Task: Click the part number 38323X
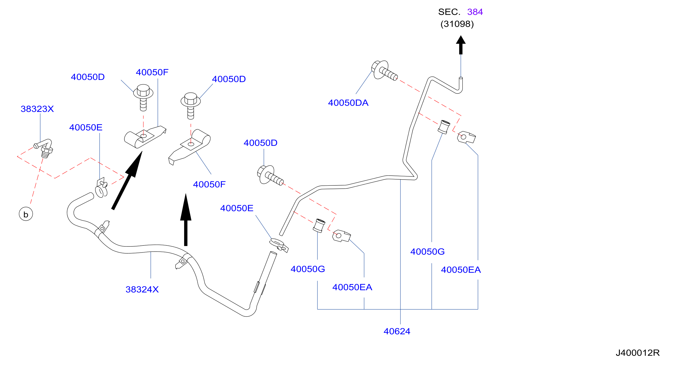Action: (37, 109)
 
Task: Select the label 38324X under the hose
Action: (142, 289)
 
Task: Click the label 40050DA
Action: (348, 103)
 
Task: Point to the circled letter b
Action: (26, 214)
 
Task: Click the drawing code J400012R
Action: (638, 353)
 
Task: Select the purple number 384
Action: (475, 12)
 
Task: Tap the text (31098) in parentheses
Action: (457, 24)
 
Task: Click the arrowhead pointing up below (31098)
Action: (461, 40)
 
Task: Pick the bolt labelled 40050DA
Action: (384, 70)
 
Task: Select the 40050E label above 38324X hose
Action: (86, 127)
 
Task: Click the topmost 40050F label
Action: (152, 72)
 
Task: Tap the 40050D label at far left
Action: (88, 77)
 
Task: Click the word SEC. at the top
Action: (449, 12)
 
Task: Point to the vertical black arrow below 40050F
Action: (186, 220)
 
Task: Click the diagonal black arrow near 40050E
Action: (127, 180)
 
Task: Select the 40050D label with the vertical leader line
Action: (260, 143)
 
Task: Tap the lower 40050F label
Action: (209, 184)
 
